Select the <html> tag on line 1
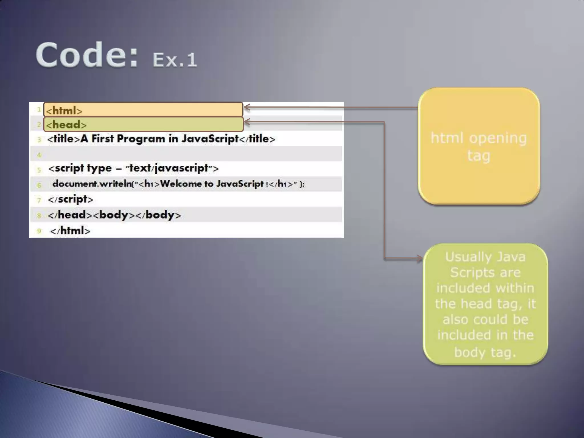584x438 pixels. click(64, 111)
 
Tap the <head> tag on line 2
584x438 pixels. click(66, 125)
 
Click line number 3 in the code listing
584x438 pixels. click(39, 140)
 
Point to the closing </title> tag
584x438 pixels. click(257, 139)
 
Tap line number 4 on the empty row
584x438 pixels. click(39, 155)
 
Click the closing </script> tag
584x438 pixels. click(70, 199)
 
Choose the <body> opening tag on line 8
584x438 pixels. click(114, 215)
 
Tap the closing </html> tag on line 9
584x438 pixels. click(70, 231)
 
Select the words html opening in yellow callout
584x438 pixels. click(478, 138)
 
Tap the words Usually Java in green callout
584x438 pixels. click(485, 257)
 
